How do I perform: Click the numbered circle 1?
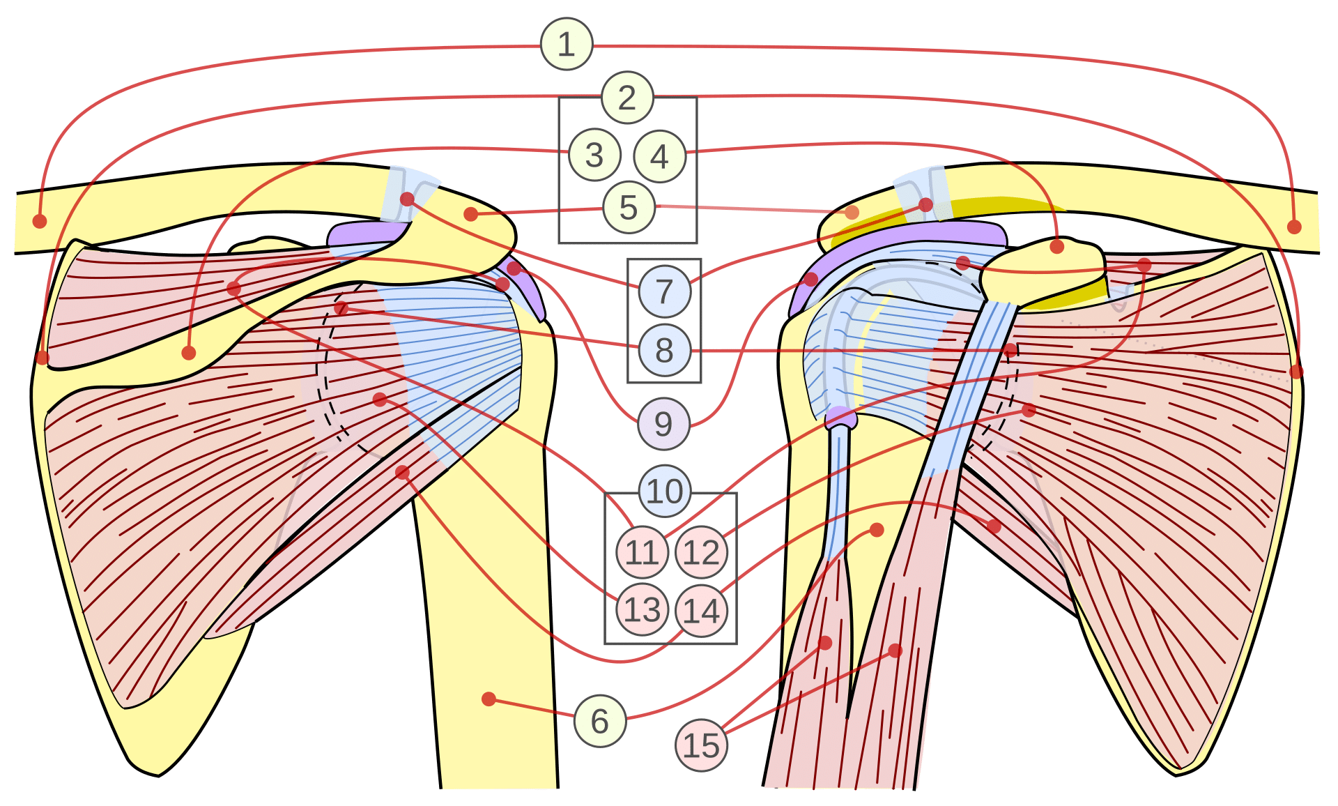pos(567,45)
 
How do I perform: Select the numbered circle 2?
pos(627,98)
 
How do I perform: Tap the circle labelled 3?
pos(594,155)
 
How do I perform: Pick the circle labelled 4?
pos(659,157)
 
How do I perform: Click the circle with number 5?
pos(629,208)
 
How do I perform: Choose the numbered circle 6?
pos(600,721)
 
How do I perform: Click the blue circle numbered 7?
pos(664,291)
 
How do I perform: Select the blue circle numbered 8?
pos(664,350)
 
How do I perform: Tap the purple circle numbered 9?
pos(663,424)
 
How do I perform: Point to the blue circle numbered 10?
pos(665,492)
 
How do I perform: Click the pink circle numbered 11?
pos(642,553)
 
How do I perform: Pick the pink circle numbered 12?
pos(701,553)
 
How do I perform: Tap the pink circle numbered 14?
pos(701,611)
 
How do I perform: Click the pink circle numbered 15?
pos(701,745)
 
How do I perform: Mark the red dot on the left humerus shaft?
pos(489,699)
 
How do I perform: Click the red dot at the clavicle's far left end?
pos(40,221)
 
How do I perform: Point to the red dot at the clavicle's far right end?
pos(1294,227)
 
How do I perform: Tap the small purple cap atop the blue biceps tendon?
pos(841,418)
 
